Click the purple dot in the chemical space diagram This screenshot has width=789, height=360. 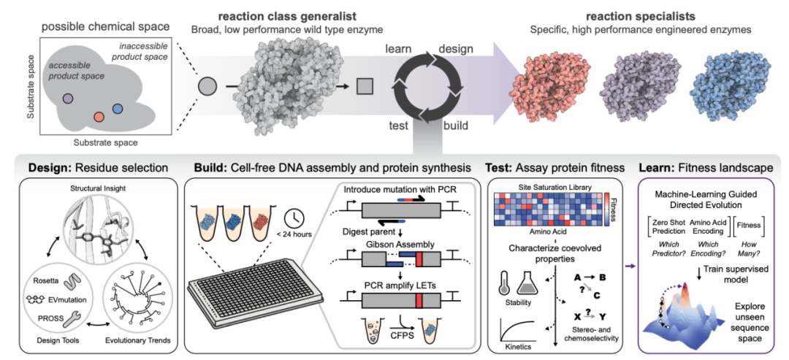click(67, 98)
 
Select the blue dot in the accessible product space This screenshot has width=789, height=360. click(117, 110)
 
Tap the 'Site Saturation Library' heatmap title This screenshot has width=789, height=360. click(549, 188)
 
